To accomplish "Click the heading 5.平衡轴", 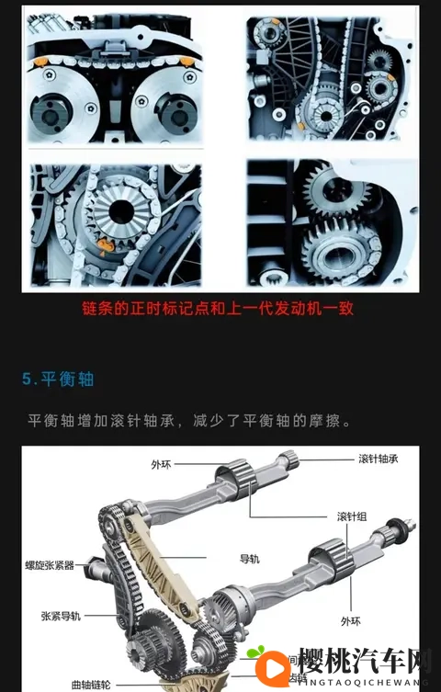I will [59, 379].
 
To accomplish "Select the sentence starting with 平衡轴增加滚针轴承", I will [189, 421].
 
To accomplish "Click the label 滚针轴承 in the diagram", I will [378, 459].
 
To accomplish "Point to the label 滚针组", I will [352, 516].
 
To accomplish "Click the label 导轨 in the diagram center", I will [251, 558].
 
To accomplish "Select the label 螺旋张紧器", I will [51, 565].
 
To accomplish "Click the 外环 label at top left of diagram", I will [161, 465].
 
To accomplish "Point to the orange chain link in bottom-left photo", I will [106, 243].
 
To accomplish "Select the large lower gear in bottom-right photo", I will [339, 247].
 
